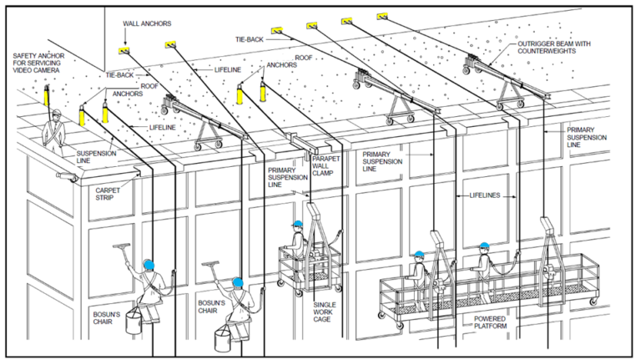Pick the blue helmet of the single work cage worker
tap(297, 224)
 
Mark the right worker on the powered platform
tap(483, 267)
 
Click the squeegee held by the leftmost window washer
tap(122, 251)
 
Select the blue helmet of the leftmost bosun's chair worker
tap(149, 265)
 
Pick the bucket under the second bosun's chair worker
tap(223, 339)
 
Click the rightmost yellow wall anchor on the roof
tap(382, 16)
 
